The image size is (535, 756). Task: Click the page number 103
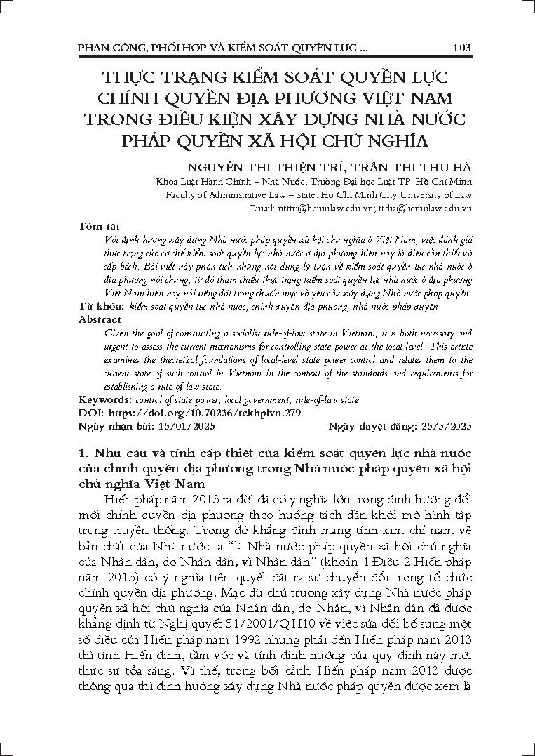[461, 48]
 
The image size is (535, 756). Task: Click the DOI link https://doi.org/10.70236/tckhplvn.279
[191, 413]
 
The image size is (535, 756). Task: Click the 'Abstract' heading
[100, 319]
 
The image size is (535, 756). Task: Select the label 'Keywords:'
[102, 400]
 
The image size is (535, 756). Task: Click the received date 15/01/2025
[188, 426]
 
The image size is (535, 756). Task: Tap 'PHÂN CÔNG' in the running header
[104, 48]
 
